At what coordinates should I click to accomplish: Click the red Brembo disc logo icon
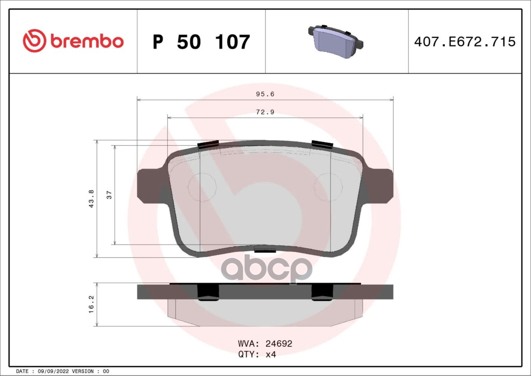click(34, 41)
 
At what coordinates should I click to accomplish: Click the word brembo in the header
click(87, 41)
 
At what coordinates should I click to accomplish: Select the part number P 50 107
click(202, 42)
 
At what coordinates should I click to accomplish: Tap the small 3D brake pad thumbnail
click(336, 41)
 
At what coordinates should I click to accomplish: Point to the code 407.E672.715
click(465, 42)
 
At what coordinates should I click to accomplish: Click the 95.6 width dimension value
click(265, 94)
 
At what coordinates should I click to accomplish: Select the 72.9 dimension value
click(265, 112)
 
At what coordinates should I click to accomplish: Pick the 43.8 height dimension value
click(91, 199)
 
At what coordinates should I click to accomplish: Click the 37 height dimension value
click(109, 195)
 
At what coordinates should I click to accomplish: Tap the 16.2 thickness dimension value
click(91, 304)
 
